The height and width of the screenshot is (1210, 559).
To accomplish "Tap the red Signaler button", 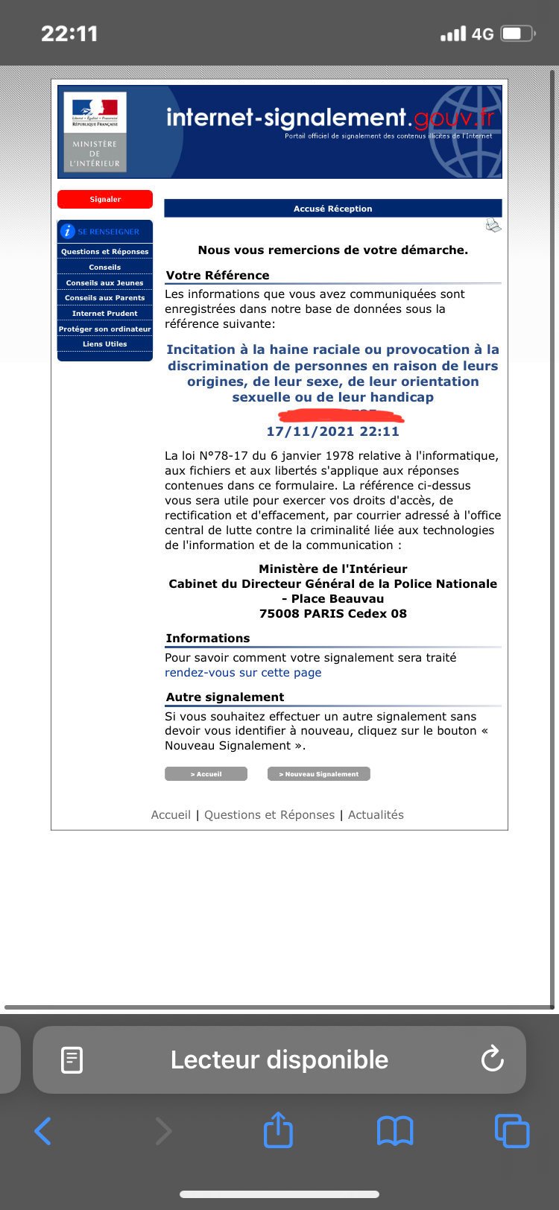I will (x=105, y=199).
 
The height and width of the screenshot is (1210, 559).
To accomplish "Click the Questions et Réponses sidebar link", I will (x=105, y=252).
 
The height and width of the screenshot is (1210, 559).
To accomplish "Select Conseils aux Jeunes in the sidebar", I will (x=105, y=283).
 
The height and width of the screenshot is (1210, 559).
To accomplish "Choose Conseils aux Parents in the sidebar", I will (x=105, y=298).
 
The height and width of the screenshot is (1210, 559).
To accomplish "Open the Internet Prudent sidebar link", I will (x=105, y=314).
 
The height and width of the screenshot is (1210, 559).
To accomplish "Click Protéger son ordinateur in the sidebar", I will (x=105, y=329).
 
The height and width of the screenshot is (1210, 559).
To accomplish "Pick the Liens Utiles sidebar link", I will (x=105, y=344).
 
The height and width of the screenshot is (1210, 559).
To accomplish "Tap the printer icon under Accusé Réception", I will (x=493, y=225).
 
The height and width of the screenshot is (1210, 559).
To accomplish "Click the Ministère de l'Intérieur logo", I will (x=95, y=132).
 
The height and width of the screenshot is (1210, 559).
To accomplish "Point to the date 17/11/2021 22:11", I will (x=332, y=431).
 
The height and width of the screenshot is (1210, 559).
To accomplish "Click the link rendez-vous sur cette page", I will (x=243, y=673).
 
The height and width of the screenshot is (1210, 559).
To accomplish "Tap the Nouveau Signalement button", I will (x=318, y=774).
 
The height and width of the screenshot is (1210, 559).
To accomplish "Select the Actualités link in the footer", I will (x=376, y=815).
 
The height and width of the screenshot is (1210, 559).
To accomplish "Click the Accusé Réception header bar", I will (x=332, y=209).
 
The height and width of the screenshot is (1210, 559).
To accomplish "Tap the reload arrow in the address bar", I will (x=493, y=1059).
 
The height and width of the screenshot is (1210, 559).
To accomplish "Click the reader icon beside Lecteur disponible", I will (x=72, y=1059).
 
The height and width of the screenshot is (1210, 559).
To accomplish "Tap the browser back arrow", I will (x=43, y=1131).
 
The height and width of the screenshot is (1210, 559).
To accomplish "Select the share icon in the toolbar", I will (x=279, y=1130).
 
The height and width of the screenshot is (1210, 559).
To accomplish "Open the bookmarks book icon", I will (x=395, y=1131).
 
